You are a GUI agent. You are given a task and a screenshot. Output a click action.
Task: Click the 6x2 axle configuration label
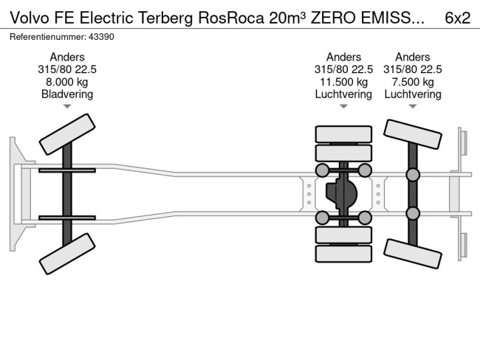pyautogui.click(x=457, y=18)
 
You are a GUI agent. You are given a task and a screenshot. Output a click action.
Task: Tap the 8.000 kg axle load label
pyautogui.click(x=67, y=82)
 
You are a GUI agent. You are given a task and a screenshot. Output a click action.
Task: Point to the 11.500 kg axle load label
pyautogui.click(x=343, y=82)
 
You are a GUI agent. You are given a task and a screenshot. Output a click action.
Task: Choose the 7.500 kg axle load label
pyautogui.click(x=413, y=82)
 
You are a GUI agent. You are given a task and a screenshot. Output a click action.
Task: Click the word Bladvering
pyautogui.click(x=67, y=94)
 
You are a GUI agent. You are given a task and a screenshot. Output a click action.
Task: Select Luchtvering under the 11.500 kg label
pyautogui.click(x=343, y=94)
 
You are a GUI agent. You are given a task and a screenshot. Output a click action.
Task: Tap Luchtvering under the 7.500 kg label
pyautogui.click(x=413, y=94)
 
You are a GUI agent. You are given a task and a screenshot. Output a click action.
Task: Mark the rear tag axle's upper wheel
pyautogui.click(x=413, y=136)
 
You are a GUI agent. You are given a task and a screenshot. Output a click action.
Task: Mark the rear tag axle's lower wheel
pyautogui.click(x=413, y=252)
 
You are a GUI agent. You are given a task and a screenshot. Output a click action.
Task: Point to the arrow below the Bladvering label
pyautogui.click(x=67, y=107)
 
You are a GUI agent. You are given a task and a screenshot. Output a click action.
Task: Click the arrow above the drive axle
pyautogui.click(x=343, y=107)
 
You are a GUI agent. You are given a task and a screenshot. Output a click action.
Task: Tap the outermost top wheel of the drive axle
pyautogui.click(x=343, y=134)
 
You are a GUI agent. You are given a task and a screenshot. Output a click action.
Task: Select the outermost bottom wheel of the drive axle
pyautogui.click(x=343, y=255)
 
